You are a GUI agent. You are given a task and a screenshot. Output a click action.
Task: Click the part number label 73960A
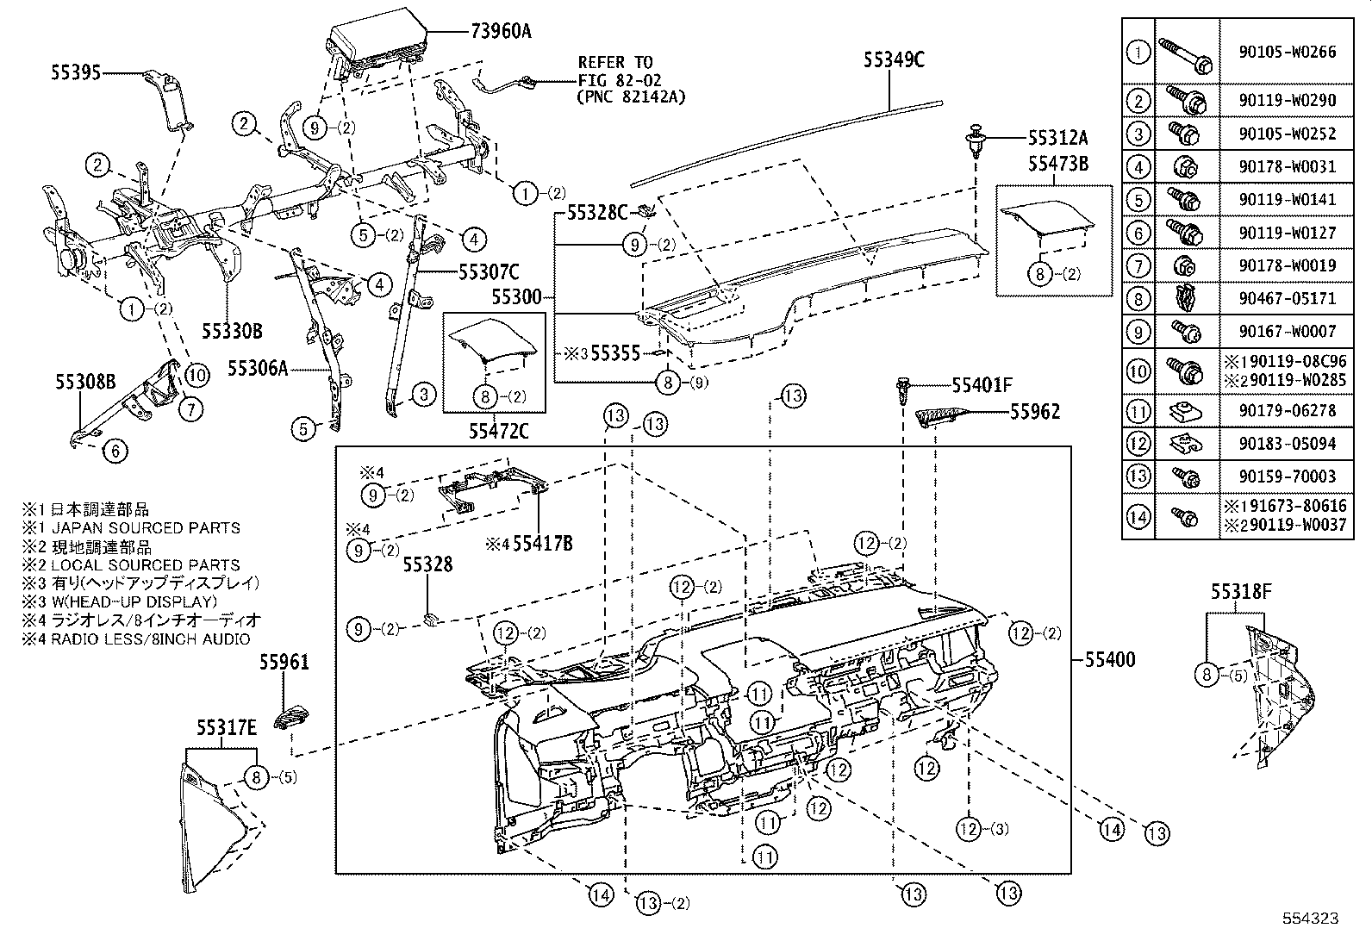(501, 32)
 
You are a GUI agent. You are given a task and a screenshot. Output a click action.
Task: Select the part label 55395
(75, 74)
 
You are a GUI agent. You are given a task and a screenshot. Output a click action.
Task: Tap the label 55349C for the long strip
(894, 59)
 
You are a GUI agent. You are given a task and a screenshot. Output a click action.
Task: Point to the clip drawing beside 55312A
(975, 140)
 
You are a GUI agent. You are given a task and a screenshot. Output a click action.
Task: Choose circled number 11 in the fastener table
(1138, 411)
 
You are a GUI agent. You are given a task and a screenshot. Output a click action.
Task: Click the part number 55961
(284, 663)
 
